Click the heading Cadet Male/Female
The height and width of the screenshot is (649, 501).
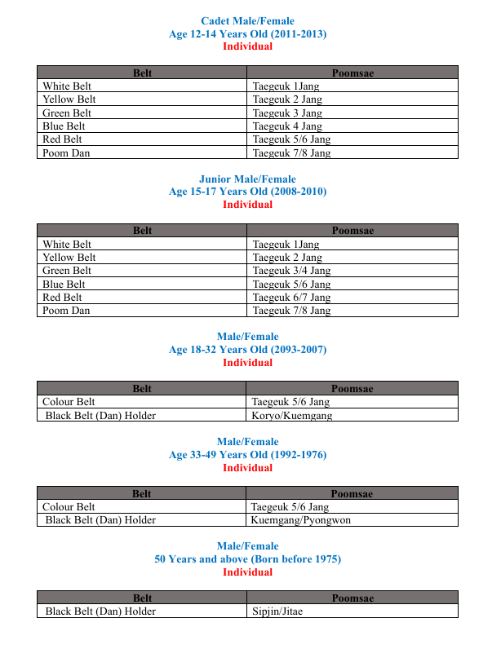coord(247,21)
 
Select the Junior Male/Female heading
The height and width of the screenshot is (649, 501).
coord(247,179)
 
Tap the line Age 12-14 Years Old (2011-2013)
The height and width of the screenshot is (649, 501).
coord(247,33)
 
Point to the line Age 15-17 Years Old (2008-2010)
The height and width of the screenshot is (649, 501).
coord(247,192)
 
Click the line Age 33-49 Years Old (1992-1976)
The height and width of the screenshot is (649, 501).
coord(247,455)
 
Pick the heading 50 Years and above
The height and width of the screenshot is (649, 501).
coord(247,559)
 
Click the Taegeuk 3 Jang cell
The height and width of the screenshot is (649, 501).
coord(287,113)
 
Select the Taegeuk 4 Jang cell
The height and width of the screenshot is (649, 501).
coord(287,126)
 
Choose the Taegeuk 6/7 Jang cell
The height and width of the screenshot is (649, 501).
coord(291,298)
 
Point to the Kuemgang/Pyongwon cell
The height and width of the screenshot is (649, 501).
coord(300,520)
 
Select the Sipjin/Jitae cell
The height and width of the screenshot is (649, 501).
coord(277,611)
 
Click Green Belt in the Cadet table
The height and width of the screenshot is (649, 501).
coord(67,113)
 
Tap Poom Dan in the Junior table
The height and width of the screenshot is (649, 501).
coord(66,311)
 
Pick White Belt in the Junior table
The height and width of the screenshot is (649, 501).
coord(67,245)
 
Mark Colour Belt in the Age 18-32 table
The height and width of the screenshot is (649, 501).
coord(69,402)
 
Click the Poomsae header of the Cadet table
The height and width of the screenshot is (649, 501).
coord(352,73)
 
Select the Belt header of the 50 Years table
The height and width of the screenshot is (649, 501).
coord(142,598)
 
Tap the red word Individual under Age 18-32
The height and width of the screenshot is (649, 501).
coord(247,362)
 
